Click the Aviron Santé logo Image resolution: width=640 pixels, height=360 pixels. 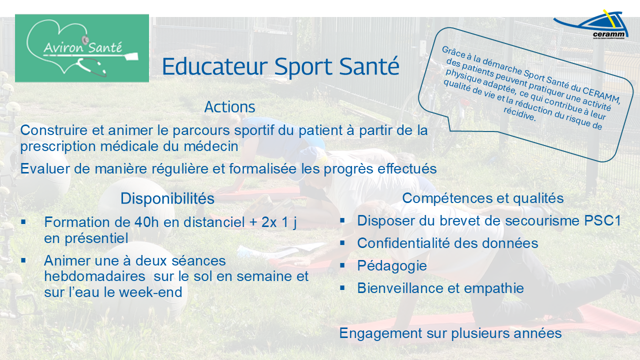tap(82, 48)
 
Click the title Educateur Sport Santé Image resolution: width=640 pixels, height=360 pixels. tap(280, 66)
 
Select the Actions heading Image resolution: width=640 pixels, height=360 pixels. tap(229, 107)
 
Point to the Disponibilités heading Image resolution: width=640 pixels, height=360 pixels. tap(167, 198)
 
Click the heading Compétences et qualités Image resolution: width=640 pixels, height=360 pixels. tap(482, 198)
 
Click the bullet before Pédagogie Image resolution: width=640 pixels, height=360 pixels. tap(342, 265)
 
